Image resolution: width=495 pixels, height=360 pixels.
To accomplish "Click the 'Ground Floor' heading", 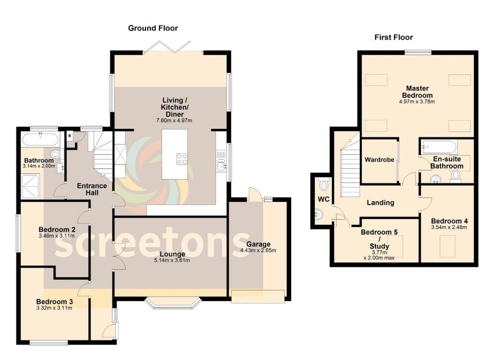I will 153,28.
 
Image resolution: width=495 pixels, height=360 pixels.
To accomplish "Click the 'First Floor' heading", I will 393,37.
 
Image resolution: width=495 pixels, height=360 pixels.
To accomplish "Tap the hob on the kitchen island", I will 182,158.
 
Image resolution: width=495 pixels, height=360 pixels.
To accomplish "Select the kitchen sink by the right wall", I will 221,165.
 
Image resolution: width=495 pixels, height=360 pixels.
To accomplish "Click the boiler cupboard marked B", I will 70,136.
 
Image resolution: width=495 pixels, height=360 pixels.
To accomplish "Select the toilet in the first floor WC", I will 323,185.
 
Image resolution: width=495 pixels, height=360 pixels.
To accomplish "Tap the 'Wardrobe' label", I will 379,159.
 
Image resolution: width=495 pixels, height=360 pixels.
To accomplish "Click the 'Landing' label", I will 380,202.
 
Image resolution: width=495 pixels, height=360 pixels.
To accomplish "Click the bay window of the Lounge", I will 173,303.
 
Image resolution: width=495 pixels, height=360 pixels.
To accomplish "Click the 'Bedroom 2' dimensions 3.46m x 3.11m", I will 57,237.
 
